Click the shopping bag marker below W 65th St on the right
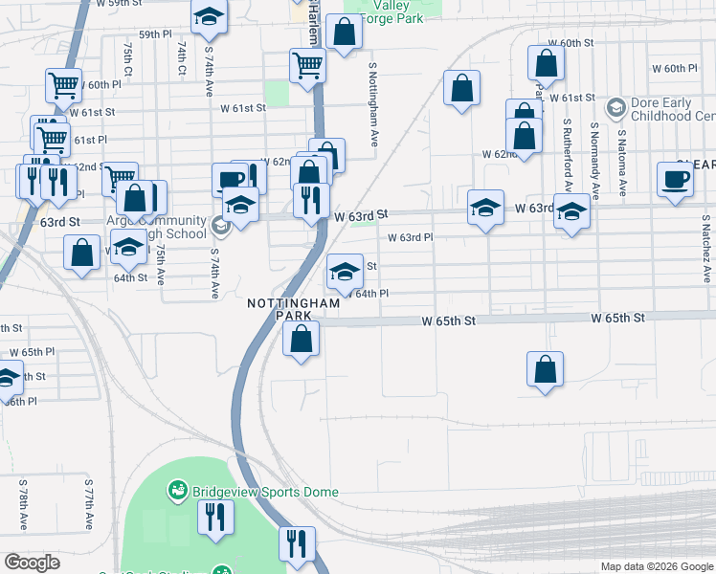(x=545, y=369)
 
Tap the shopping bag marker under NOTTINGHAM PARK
(x=302, y=339)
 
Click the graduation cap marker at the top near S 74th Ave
(x=209, y=18)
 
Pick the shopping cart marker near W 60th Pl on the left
(x=64, y=85)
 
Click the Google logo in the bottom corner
(x=32, y=563)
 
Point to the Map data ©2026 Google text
(x=657, y=566)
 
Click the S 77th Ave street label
(x=88, y=505)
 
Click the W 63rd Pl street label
(x=410, y=237)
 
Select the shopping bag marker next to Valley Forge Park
(x=344, y=32)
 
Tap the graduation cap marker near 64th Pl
(x=345, y=271)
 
